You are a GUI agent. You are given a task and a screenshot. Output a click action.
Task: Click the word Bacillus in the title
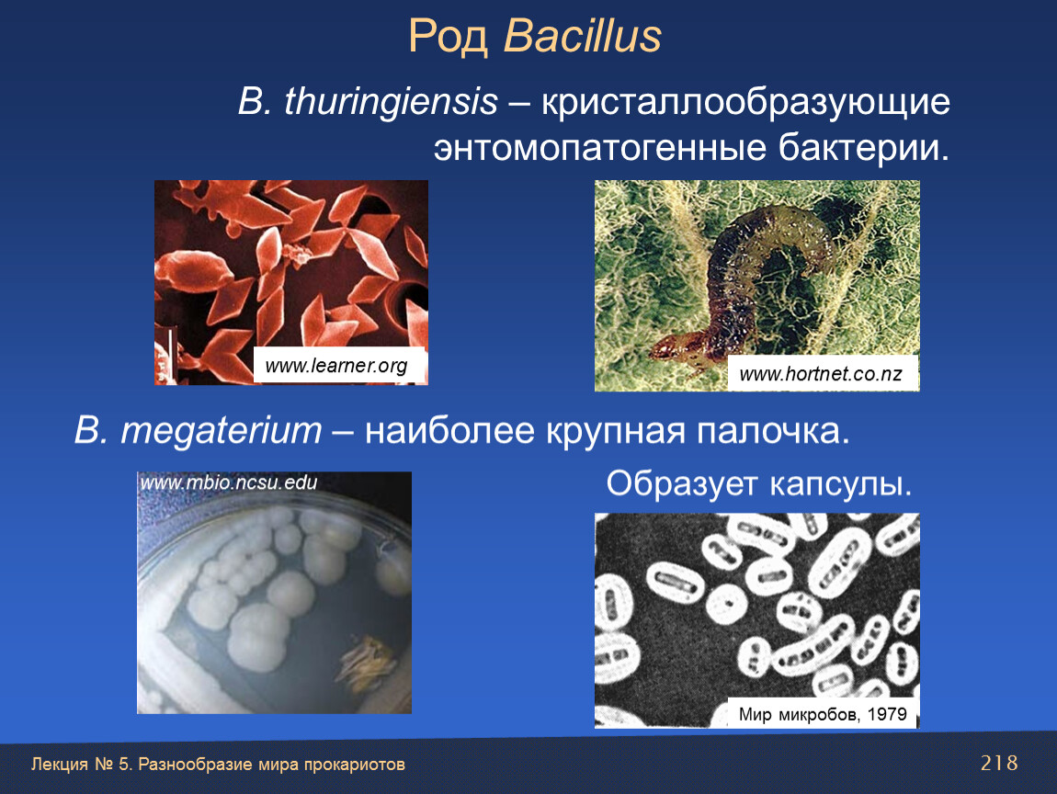[583, 36]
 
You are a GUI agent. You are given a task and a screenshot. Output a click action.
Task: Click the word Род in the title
[449, 37]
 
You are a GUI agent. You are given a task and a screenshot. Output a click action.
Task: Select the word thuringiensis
[391, 102]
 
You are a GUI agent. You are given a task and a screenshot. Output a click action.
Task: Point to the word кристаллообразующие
[745, 103]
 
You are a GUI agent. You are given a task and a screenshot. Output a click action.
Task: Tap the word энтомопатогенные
[600, 148]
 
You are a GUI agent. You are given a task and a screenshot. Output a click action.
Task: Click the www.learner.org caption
[336, 366]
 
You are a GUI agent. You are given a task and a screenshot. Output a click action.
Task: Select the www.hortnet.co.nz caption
[820, 374]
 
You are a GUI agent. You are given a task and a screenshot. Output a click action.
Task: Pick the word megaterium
[222, 431]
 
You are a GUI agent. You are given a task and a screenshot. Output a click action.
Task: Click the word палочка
[772, 431]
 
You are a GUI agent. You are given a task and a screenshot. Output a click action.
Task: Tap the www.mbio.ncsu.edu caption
[229, 482]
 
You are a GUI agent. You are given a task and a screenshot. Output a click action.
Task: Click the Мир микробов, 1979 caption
[823, 714]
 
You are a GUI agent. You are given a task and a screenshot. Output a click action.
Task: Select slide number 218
[999, 763]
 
